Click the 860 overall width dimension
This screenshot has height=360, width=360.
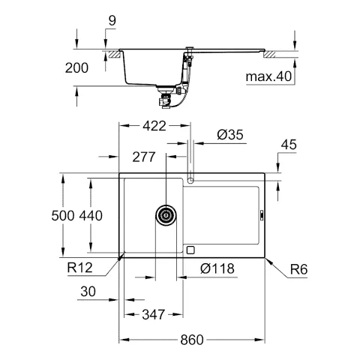coord(191,340)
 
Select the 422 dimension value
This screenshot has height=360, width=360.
coord(155,127)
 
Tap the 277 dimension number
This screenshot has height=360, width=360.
coord(144,158)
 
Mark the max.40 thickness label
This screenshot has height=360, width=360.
coord(268,76)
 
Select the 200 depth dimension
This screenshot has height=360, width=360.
coord(76,67)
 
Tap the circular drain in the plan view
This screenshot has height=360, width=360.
coord(167,215)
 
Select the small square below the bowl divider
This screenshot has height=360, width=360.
coord(190,250)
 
